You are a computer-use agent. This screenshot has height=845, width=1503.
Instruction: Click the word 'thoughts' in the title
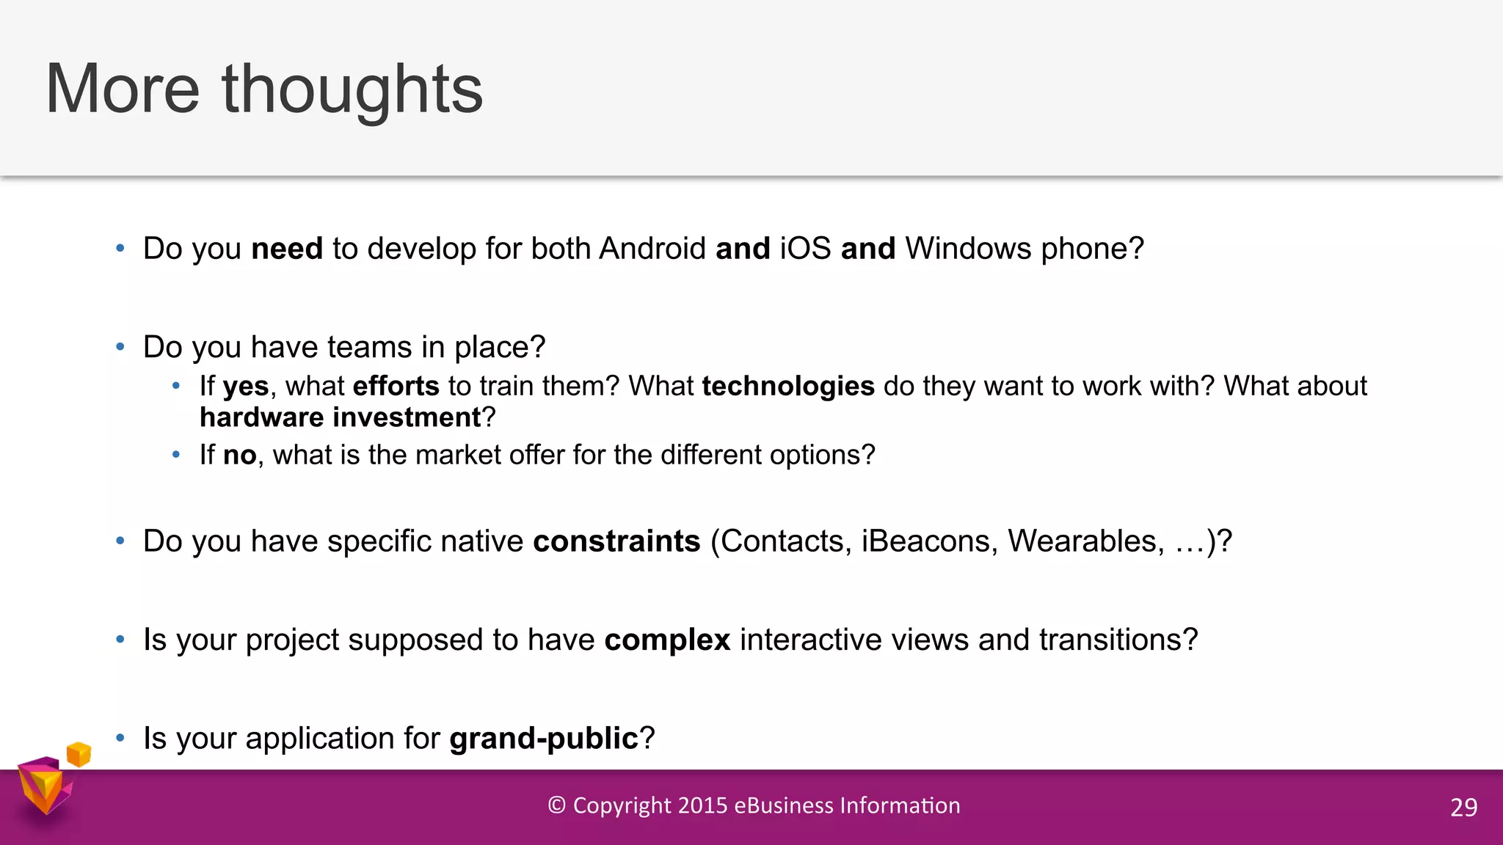[352, 89]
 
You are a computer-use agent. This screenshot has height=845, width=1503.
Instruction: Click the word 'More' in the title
[123, 89]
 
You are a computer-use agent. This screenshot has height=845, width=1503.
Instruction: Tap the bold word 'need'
[287, 249]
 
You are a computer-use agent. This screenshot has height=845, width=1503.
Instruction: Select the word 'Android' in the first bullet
[652, 249]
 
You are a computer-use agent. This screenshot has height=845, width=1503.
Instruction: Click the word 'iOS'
[805, 249]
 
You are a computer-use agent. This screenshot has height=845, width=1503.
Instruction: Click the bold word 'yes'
[246, 387]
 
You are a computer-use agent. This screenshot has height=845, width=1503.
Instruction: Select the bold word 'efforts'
[396, 387]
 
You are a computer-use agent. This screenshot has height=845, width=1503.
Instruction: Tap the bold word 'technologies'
[788, 387]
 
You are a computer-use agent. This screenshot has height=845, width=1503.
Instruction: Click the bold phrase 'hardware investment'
[340, 418]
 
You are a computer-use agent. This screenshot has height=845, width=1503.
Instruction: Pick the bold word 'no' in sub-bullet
[239, 456]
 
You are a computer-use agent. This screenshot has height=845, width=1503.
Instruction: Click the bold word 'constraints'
[616, 541]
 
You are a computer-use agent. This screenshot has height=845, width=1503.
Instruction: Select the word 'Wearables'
[1085, 541]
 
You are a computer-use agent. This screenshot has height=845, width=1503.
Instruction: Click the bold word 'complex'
[667, 640]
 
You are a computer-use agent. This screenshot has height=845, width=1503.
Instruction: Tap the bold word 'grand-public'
[544, 739]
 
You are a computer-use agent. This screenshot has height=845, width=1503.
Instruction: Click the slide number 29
[1463, 808]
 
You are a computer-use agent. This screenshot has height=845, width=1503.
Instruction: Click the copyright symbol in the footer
[557, 805]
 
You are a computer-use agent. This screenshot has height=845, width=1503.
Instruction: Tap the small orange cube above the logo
[79, 754]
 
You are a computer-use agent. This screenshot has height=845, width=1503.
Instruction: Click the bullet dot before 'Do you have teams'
[120, 347]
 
